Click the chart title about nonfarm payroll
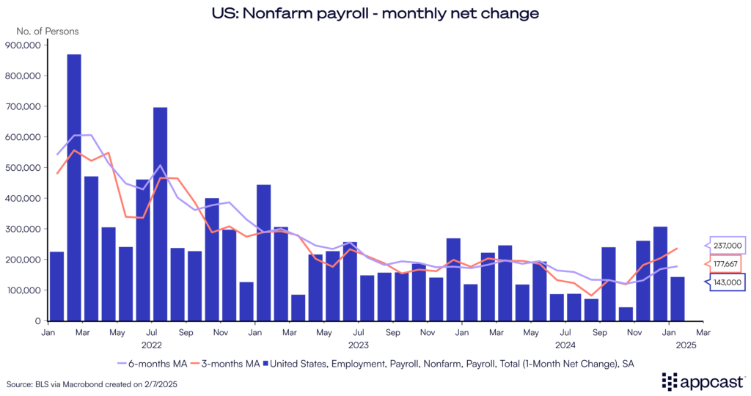click(375, 12)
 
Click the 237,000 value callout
click(725, 246)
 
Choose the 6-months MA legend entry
click(152, 362)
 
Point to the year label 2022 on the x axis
click(151, 343)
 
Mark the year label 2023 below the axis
click(358, 343)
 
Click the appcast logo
click(703, 381)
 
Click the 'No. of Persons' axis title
click(48, 32)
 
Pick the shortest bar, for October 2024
click(626, 314)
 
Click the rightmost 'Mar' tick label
click(703, 331)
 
